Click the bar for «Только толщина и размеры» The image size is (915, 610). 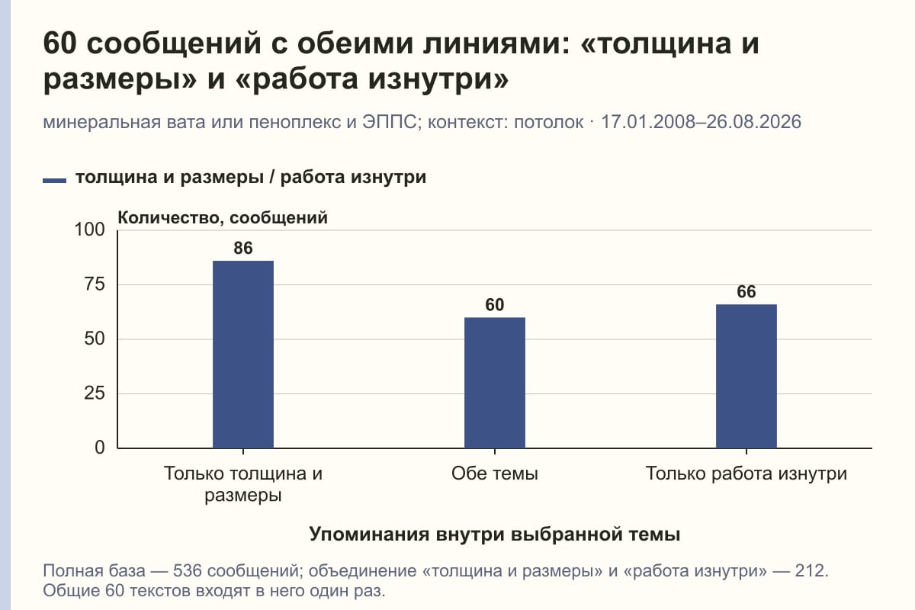(x=243, y=355)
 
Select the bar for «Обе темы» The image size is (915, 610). (x=495, y=383)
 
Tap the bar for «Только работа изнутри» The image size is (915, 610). (x=746, y=377)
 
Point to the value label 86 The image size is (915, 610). (x=243, y=248)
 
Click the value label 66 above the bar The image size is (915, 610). (x=746, y=292)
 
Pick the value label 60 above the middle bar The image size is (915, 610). (x=495, y=305)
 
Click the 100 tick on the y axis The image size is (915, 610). (x=89, y=230)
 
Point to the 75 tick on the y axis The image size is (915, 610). (x=95, y=284)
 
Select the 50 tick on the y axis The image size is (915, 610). (x=95, y=339)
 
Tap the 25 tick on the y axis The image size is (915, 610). (x=95, y=393)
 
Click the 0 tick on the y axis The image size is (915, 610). (x=100, y=448)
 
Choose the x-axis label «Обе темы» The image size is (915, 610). (x=495, y=474)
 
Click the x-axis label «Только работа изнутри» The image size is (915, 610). (x=746, y=474)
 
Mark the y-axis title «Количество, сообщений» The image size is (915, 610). (x=223, y=218)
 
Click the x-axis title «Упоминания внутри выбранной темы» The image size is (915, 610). (x=495, y=534)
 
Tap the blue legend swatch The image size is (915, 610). (x=54, y=181)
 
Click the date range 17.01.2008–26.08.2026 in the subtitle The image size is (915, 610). (x=701, y=122)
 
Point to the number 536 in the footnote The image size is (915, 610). (x=188, y=571)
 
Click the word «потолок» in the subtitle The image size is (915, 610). (x=548, y=123)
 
